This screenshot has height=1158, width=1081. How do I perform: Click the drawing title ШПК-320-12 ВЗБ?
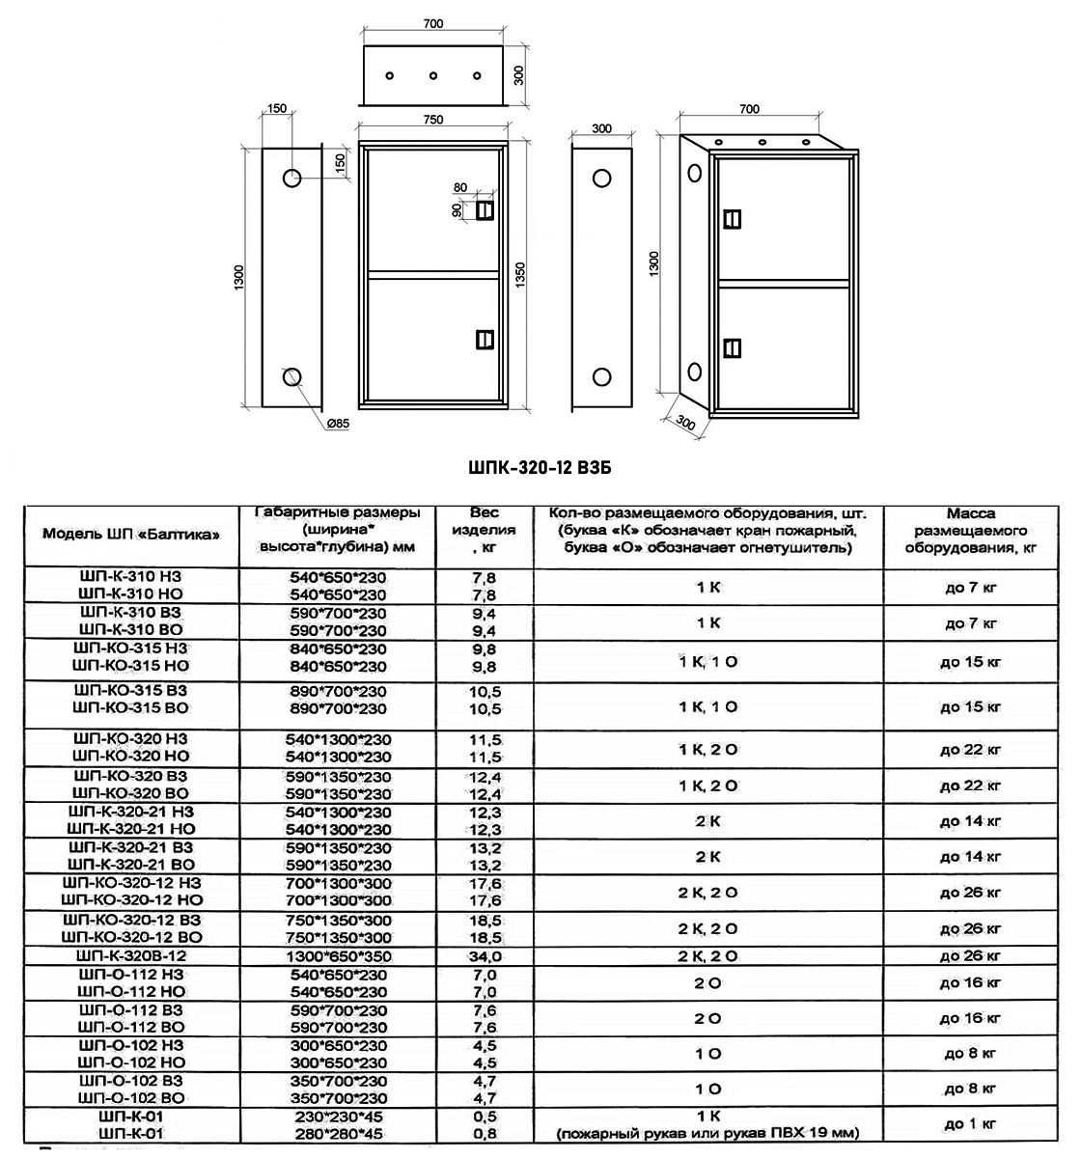click(x=540, y=468)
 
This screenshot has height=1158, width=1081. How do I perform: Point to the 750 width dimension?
click(x=433, y=120)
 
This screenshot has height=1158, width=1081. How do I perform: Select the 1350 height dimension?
click(x=521, y=271)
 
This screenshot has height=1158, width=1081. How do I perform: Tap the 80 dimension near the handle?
click(x=459, y=188)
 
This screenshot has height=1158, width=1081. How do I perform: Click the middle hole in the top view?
click(x=433, y=75)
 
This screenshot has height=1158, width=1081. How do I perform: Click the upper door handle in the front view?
click(x=484, y=209)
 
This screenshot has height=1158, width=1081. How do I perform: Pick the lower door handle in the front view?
click(x=484, y=339)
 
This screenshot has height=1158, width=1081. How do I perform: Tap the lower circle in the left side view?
click(x=292, y=376)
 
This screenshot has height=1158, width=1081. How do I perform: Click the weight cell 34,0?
click(x=485, y=956)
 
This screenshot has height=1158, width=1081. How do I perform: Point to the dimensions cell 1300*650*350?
click(x=337, y=956)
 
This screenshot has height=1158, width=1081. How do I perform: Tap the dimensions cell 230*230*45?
click(x=337, y=1116)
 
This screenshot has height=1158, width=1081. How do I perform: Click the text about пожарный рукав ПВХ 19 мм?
click(x=708, y=1133)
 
